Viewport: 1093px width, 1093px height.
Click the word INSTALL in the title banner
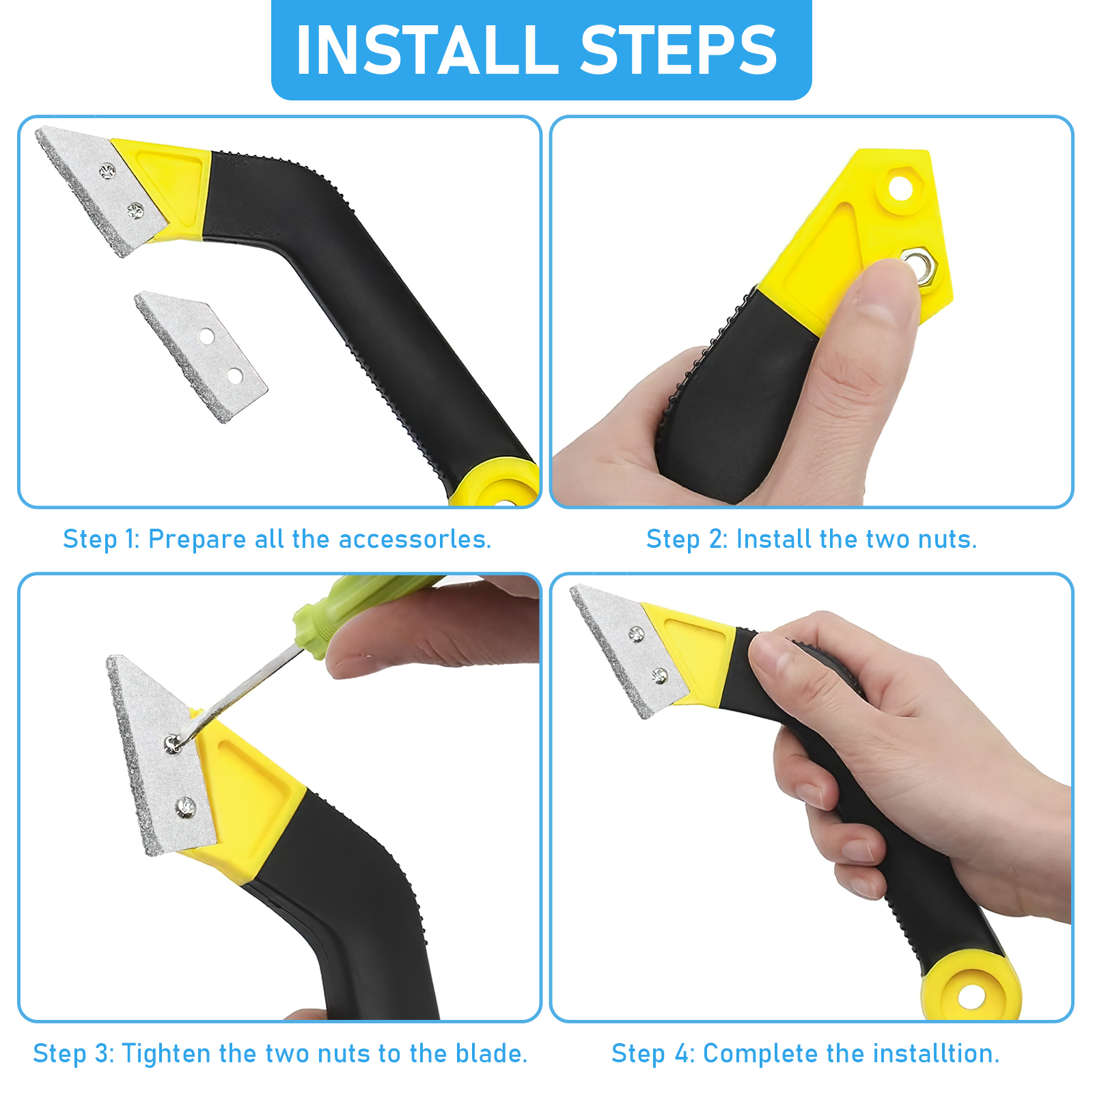[427, 50]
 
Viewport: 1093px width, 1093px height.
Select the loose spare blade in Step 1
[201, 357]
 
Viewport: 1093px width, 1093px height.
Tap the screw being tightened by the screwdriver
[171, 744]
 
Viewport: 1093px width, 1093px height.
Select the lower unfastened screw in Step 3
[186, 807]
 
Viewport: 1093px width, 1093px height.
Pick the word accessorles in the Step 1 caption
[415, 539]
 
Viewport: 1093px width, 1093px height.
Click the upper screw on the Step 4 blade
[636, 635]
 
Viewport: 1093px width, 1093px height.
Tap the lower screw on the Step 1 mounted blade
[135, 211]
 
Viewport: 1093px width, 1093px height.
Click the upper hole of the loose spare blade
[206, 336]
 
